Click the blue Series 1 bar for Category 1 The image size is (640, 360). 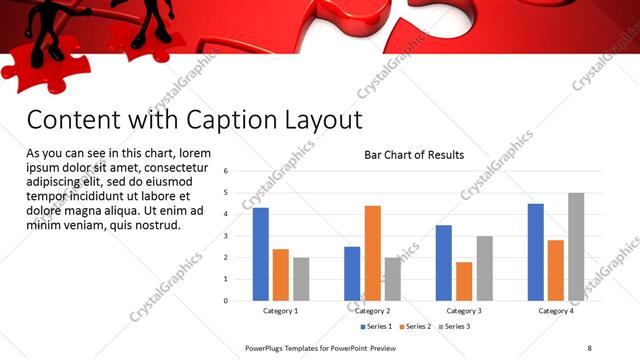click(x=260, y=254)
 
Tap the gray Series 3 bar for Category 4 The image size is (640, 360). click(x=576, y=247)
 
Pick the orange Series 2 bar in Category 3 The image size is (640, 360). click(x=464, y=281)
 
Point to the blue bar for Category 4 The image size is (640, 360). click(x=536, y=252)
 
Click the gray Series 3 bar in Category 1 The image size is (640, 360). click(x=301, y=279)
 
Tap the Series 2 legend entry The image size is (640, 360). click(x=415, y=327)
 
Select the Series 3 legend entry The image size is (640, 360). click(x=456, y=327)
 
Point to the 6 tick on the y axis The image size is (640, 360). click(x=227, y=171)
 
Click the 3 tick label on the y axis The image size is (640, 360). click(x=227, y=236)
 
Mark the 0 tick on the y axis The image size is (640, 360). click(x=227, y=300)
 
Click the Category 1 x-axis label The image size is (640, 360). click(x=280, y=311)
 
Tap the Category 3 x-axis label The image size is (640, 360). click(x=464, y=311)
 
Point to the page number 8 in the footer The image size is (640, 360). click(x=589, y=347)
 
